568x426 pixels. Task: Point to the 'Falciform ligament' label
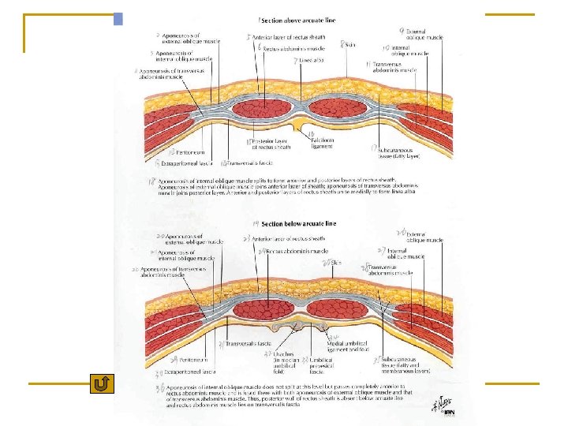coord(320,144)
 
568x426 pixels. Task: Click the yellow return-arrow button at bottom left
coord(102,384)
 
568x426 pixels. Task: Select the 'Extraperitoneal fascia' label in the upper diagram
coord(187,163)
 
